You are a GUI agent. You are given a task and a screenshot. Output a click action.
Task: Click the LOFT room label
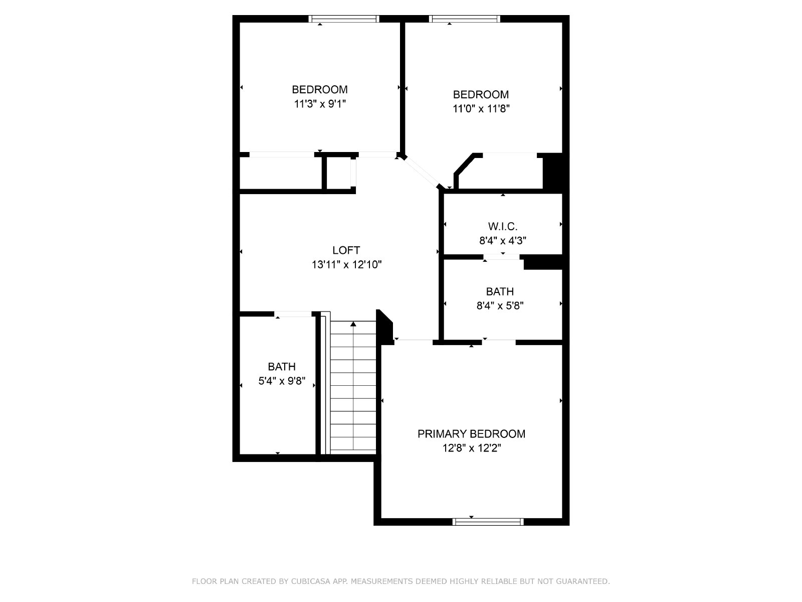pyautogui.click(x=346, y=250)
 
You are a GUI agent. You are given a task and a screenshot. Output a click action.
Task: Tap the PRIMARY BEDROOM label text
pyautogui.click(x=471, y=434)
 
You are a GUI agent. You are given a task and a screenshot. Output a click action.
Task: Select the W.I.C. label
pyautogui.click(x=502, y=227)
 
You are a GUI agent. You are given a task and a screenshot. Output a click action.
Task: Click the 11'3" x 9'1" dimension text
pyautogui.click(x=320, y=104)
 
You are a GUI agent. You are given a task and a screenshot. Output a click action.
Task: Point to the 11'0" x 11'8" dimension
pyautogui.click(x=481, y=108)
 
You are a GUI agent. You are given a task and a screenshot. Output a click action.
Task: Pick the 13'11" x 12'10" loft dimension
pyautogui.click(x=346, y=264)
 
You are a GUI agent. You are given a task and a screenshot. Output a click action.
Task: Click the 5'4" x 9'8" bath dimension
pyautogui.click(x=282, y=381)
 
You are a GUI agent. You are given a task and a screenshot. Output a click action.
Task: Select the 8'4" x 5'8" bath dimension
pyautogui.click(x=500, y=305)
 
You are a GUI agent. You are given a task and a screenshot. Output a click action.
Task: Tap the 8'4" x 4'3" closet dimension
pyautogui.click(x=502, y=240)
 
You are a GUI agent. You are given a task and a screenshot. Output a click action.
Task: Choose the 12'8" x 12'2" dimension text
pyautogui.click(x=471, y=448)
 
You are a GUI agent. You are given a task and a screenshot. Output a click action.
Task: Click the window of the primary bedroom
pyautogui.click(x=488, y=522)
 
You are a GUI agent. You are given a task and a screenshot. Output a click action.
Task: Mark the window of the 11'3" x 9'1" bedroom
pyautogui.click(x=343, y=19)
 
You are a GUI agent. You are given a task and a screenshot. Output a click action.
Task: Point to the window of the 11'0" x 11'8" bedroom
pyautogui.click(x=464, y=19)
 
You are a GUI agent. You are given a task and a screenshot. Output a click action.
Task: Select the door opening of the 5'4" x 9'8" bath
pyautogui.click(x=293, y=314)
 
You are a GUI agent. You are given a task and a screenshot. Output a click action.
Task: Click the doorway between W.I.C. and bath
pyautogui.click(x=501, y=256)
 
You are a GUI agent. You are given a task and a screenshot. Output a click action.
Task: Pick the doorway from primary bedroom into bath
pyautogui.click(x=499, y=342)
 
